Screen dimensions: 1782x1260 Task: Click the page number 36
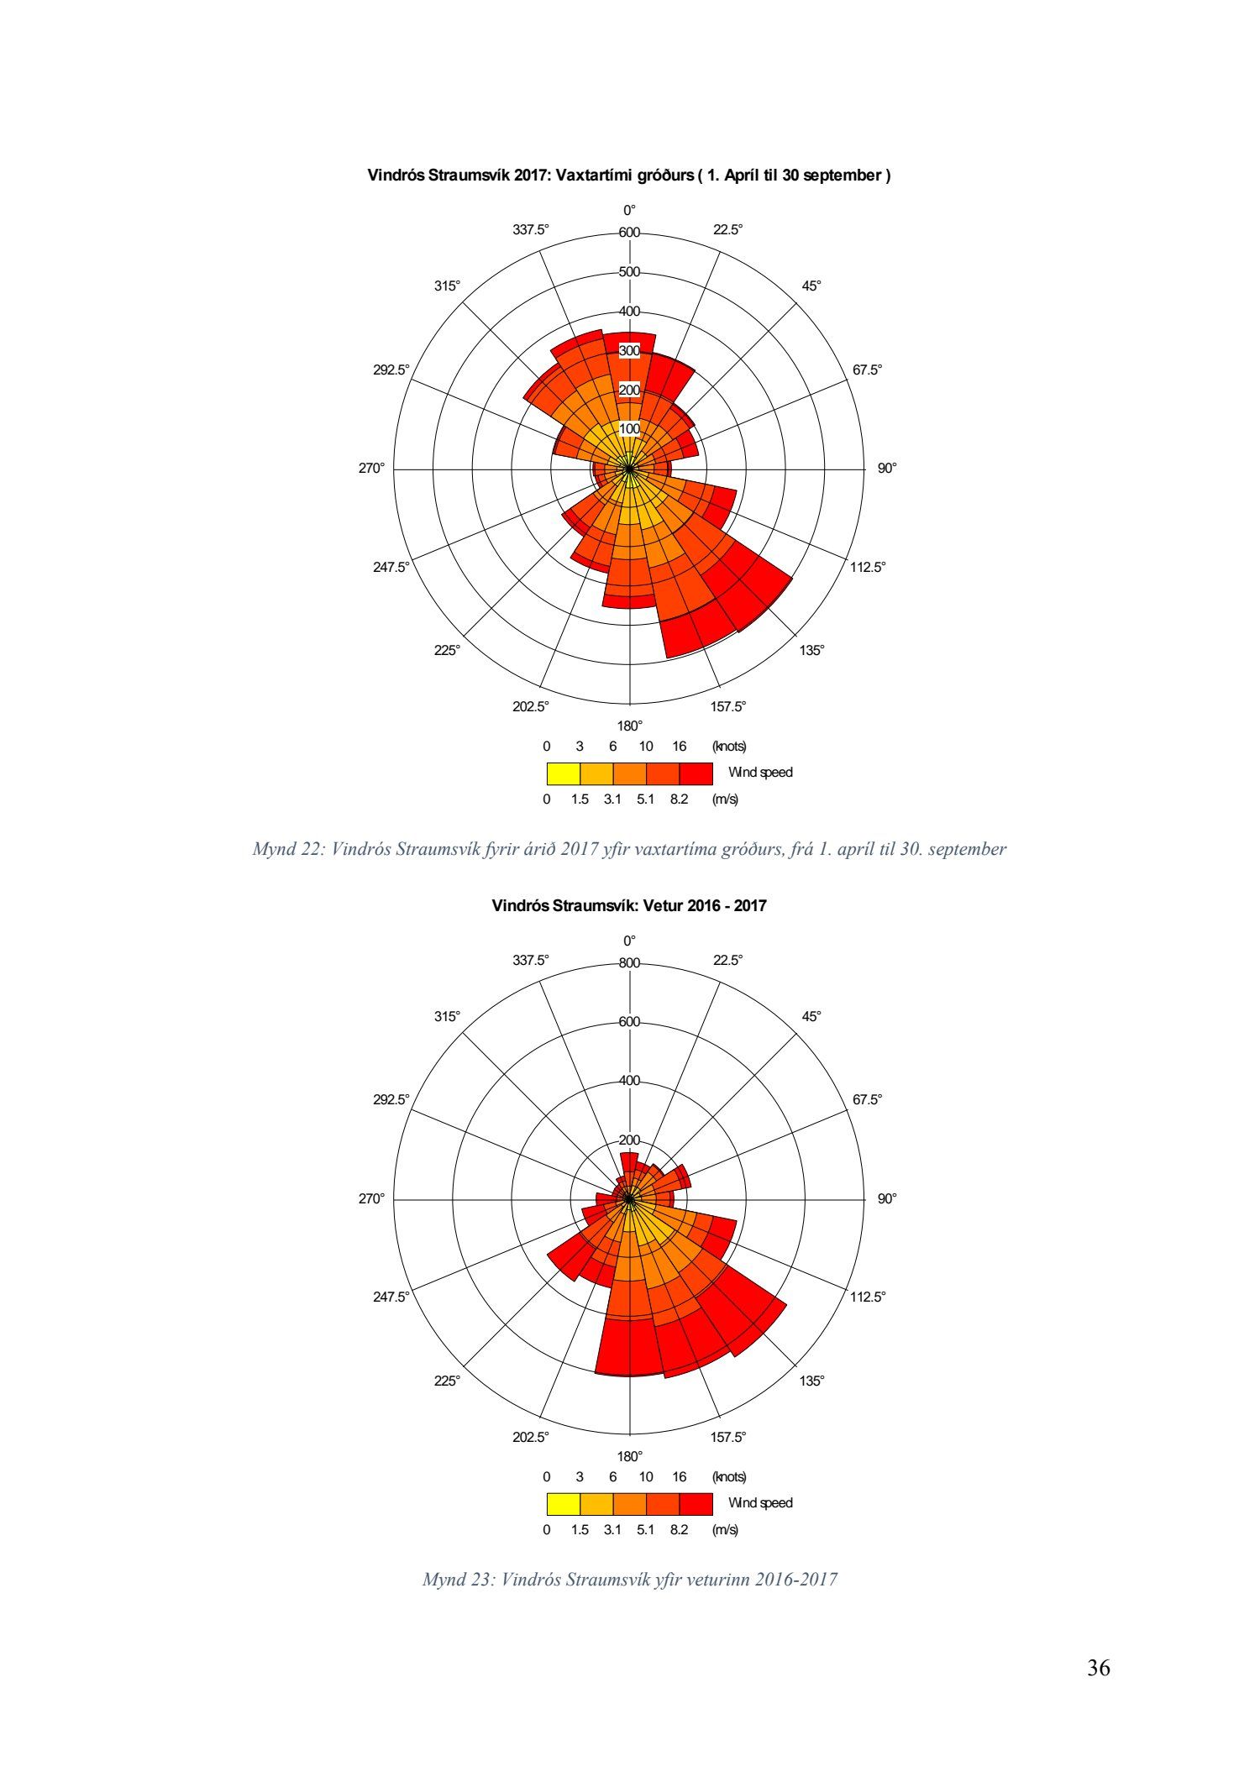(1098, 1667)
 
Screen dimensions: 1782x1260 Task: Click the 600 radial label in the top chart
(629, 233)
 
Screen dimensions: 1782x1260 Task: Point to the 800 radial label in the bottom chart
(629, 963)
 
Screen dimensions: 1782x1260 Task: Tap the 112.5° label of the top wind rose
(868, 567)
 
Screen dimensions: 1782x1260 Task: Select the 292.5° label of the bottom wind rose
(391, 1099)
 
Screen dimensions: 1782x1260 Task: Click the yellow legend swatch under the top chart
(563, 773)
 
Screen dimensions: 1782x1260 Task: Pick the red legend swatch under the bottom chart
(696, 1503)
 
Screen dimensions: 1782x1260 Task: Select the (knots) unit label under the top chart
(728, 746)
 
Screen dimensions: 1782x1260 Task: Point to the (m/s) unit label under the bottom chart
(725, 1529)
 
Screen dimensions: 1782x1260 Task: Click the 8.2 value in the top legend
(679, 799)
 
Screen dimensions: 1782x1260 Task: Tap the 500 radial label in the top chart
(629, 272)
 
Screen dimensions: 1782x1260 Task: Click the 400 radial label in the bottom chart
(629, 1081)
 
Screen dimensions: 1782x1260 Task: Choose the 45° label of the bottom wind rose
(811, 1016)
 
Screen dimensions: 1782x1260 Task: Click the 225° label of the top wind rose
(447, 650)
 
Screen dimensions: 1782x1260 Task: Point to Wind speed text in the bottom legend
(760, 1503)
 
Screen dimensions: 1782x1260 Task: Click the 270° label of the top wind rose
(371, 469)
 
